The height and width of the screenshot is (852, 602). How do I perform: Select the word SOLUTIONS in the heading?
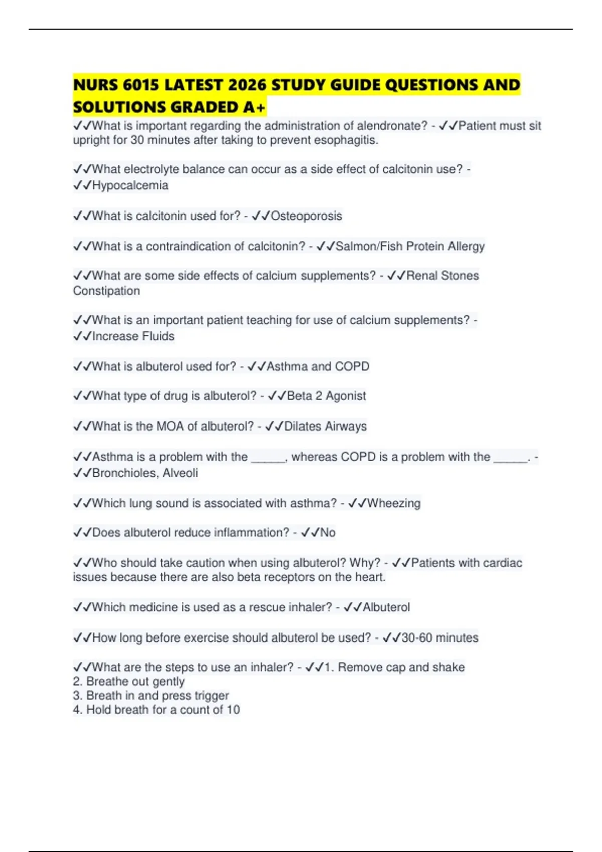[119, 107]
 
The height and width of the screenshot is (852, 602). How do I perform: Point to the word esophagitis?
[346, 140]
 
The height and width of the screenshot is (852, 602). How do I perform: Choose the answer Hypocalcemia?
[130, 185]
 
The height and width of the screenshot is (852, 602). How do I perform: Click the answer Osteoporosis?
[306, 216]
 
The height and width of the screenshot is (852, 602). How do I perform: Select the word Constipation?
[106, 291]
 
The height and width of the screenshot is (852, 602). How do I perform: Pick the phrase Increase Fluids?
[133, 336]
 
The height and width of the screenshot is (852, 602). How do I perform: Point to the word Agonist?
[346, 396]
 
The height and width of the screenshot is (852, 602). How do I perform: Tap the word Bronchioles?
[124, 473]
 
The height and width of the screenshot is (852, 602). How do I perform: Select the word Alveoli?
[180, 473]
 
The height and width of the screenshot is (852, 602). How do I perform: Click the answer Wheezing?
[394, 503]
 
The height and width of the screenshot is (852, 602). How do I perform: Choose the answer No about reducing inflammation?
[327, 533]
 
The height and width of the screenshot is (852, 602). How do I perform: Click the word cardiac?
[503, 563]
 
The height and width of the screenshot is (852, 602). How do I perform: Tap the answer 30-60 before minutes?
[416, 637]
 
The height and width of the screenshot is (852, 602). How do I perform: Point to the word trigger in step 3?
[211, 696]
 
